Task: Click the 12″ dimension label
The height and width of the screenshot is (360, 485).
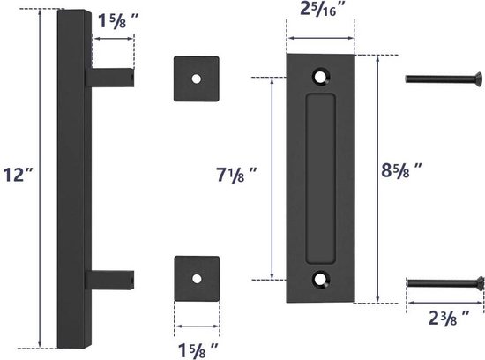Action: pyautogui.click(x=18, y=175)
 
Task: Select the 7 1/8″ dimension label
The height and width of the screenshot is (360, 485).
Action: pyautogui.click(x=236, y=175)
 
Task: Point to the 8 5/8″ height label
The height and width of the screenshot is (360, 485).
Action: pyautogui.click(x=401, y=170)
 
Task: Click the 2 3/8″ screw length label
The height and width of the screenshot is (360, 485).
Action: pyautogui.click(x=449, y=317)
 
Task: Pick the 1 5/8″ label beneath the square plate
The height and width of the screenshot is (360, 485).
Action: pyautogui.click(x=198, y=350)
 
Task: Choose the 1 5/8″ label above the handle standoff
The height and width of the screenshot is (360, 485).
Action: pyautogui.click(x=118, y=21)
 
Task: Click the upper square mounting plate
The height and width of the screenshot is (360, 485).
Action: pyautogui.click(x=197, y=79)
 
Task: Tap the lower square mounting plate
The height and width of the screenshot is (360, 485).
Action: pyautogui.click(x=197, y=279)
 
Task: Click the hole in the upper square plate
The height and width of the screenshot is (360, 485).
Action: pyautogui.click(x=197, y=79)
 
